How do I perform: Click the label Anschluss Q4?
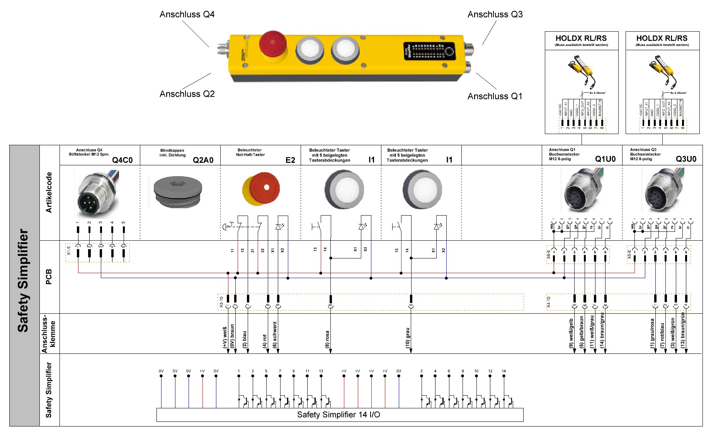tap(187, 15)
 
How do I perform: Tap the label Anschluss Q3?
tap(495, 15)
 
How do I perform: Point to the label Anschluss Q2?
tap(187, 94)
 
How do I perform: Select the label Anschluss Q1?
tap(495, 96)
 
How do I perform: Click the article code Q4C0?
tap(122, 160)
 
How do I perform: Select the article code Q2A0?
tap(203, 160)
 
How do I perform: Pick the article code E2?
tap(290, 160)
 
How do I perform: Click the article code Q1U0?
tap(605, 159)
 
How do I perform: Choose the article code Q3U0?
tap(686, 159)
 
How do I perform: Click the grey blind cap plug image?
tap(178, 192)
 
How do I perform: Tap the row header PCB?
tap(49, 277)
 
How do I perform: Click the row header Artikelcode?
tap(49, 192)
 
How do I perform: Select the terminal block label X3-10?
tap(221, 302)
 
